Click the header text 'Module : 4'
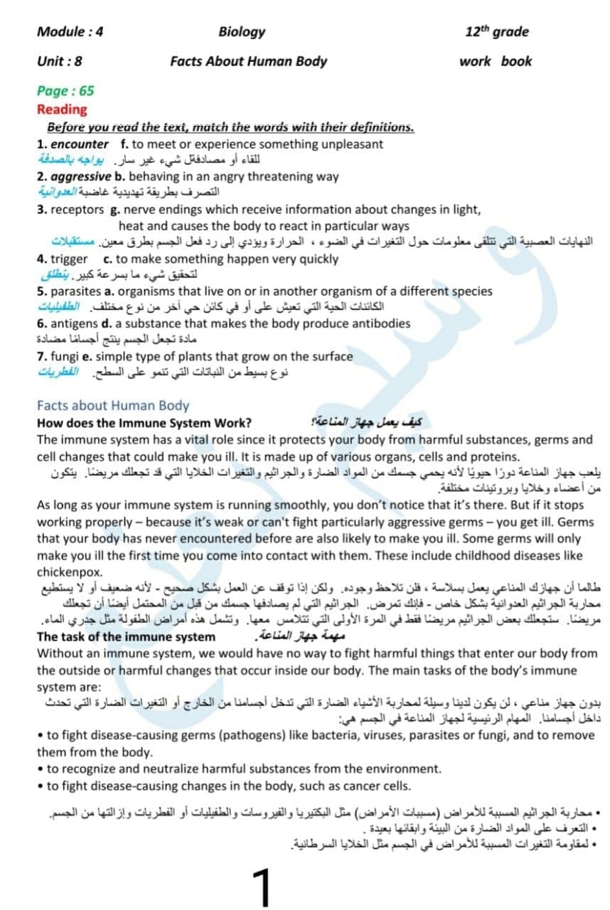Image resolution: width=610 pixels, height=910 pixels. (70, 31)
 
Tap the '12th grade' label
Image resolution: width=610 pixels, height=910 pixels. (497, 31)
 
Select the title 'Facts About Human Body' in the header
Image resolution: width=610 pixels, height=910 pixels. (248, 61)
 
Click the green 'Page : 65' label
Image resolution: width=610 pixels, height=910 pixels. (65, 90)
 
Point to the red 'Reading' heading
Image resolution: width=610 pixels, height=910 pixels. (62, 109)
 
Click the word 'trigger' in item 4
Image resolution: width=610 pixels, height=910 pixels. (68, 259)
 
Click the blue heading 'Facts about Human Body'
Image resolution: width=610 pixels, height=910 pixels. (113, 405)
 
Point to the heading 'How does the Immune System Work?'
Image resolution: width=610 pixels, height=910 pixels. (144, 422)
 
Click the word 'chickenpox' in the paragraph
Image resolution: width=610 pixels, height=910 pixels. (70, 572)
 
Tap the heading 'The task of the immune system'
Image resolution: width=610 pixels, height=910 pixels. (126, 637)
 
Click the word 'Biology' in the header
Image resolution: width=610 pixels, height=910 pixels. (242, 31)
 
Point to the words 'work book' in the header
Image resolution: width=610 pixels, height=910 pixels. (495, 61)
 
